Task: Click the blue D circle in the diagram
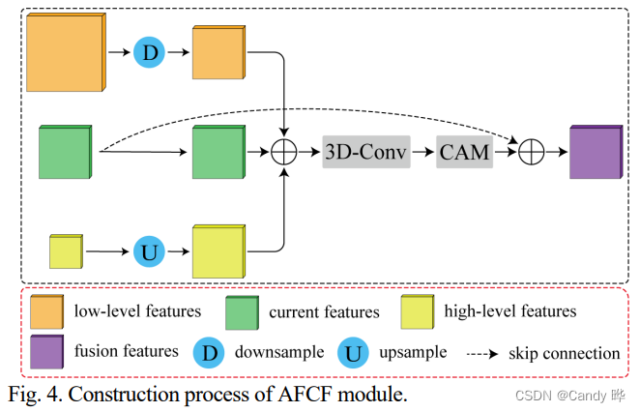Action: coord(149,53)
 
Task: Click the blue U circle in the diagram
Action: coord(150,251)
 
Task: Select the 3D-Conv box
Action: coord(366,152)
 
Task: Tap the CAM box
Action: coord(464,152)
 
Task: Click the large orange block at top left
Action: coord(63,53)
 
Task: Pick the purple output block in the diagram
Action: coord(596,153)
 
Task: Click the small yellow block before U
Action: coord(67,251)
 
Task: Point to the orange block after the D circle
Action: coord(218,53)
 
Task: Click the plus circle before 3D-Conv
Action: coord(285,152)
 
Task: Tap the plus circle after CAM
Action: coord(531,152)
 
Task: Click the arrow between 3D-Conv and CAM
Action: coord(423,152)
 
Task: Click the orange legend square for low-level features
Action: coord(46,311)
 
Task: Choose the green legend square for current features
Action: coord(242,311)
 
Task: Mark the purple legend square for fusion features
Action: coord(46,351)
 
